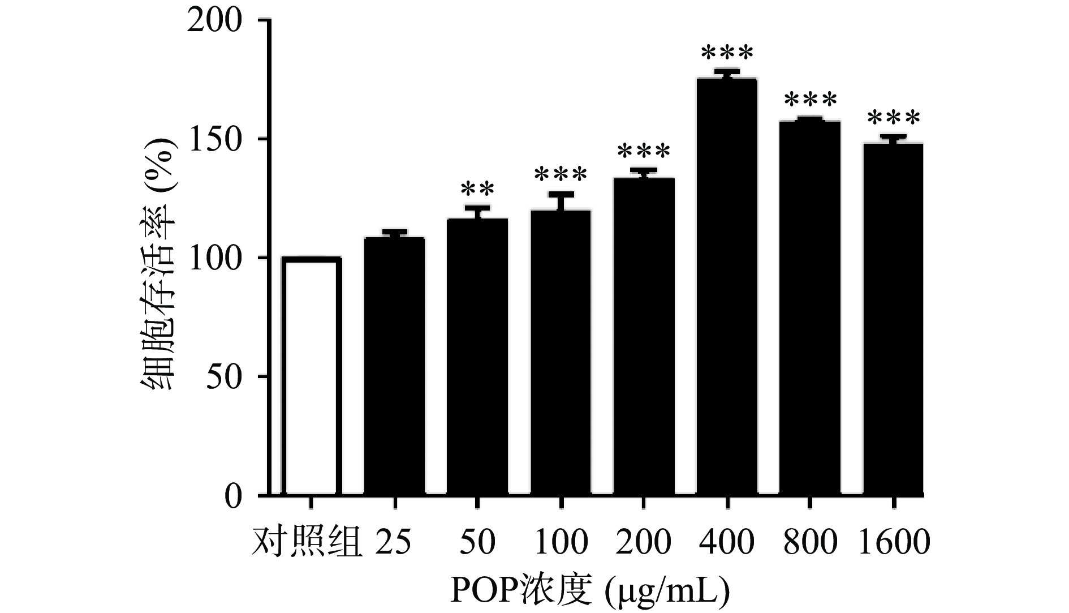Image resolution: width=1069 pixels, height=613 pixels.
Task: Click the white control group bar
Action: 311,376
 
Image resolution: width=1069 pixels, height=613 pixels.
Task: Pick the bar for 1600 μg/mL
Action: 893,319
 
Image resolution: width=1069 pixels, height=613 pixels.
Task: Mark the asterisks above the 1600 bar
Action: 893,119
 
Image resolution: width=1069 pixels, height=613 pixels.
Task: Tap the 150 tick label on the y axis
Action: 215,139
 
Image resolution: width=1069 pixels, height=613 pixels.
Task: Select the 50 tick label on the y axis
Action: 224,377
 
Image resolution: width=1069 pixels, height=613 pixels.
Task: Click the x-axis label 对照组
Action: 307,542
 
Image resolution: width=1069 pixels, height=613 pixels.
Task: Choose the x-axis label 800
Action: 810,542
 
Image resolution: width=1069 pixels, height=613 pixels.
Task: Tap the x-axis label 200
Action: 644,542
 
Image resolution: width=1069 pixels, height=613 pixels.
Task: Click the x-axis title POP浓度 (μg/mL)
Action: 590,590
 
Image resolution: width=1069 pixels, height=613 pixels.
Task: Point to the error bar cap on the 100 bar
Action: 561,194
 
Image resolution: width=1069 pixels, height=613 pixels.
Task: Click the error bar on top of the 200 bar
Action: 644,172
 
